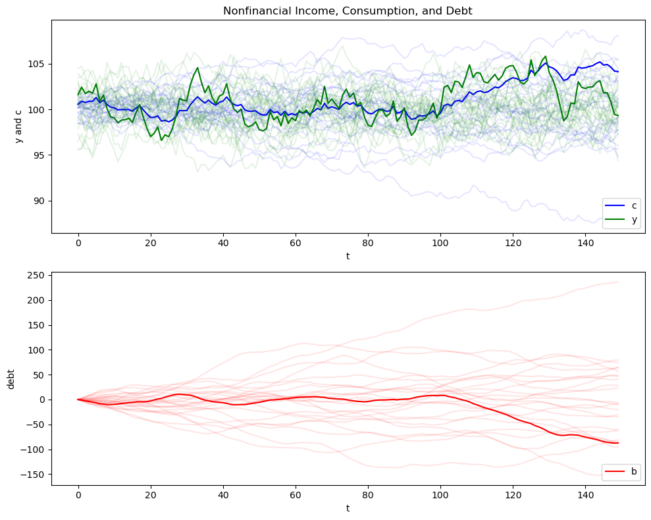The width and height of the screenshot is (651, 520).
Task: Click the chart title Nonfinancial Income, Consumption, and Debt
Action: (x=348, y=11)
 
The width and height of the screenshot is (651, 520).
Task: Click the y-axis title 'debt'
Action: (x=11, y=378)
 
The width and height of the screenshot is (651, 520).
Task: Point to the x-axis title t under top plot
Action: (x=348, y=256)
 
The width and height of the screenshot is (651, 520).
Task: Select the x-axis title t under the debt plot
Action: (x=348, y=508)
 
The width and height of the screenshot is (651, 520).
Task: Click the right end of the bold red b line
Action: (x=618, y=443)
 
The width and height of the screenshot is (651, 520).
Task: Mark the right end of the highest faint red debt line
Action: (x=618, y=282)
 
